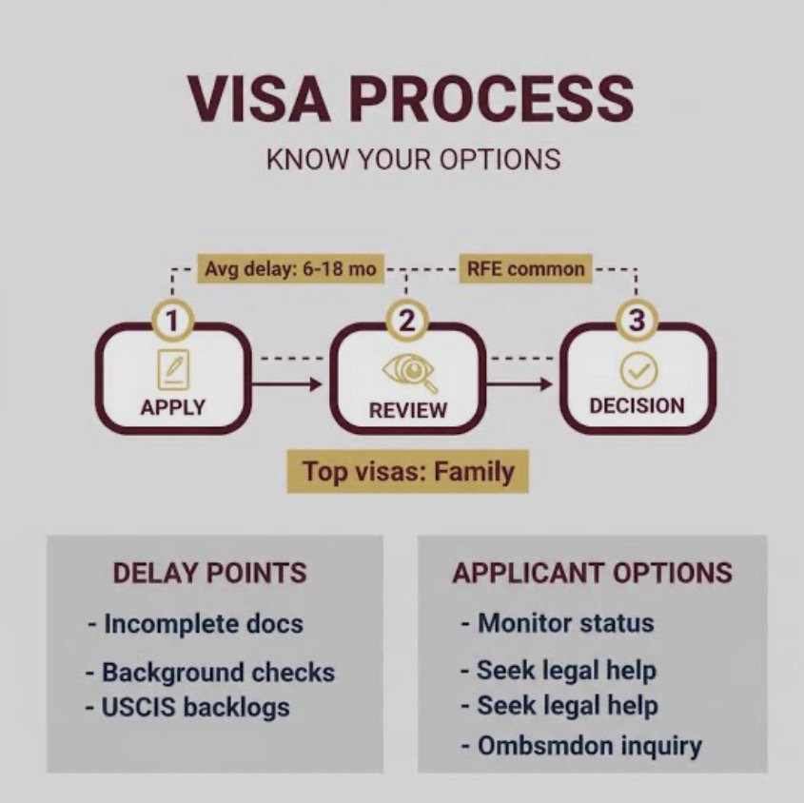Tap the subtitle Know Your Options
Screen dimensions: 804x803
413,159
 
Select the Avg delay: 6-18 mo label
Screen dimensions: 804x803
291,268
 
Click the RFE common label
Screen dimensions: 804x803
525,268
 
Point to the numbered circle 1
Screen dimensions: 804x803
172,321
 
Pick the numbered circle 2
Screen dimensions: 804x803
406,321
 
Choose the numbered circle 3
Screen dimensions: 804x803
637,321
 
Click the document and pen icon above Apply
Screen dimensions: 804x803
173,370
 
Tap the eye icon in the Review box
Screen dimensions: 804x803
409,372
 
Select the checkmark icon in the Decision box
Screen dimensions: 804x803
638,371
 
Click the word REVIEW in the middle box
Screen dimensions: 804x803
407,410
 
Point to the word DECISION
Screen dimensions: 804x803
637,406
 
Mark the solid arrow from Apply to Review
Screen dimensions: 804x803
286,383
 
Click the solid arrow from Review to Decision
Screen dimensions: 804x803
519,383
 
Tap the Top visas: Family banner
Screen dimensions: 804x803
407,471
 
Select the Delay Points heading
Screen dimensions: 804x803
209,573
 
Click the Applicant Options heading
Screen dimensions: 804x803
592,573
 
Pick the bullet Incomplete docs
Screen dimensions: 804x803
196,624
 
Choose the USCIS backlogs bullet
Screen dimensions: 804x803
187,707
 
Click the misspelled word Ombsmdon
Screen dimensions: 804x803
545,745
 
